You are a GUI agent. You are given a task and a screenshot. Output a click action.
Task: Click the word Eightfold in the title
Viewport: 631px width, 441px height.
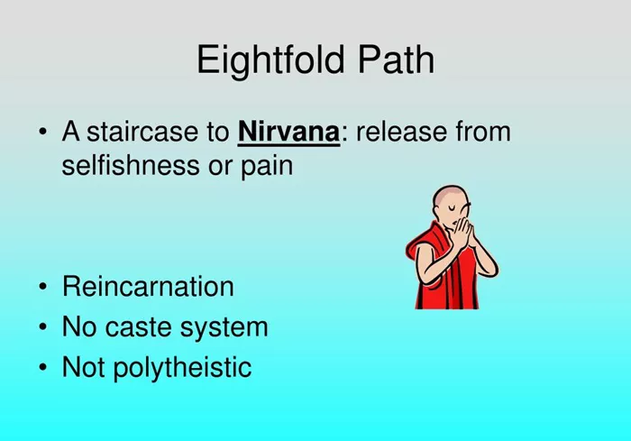pyautogui.click(x=270, y=60)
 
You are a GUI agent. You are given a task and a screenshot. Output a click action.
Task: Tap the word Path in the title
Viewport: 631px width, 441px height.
pyautogui.click(x=397, y=60)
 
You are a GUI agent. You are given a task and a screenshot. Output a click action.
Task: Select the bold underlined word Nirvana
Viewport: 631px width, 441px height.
pyautogui.click(x=289, y=132)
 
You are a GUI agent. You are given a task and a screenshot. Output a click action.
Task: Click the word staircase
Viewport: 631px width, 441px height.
pyautogui.click(x=142, y=132)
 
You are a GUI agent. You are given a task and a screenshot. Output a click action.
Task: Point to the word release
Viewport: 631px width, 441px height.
pyautogui.click(x=401, y=132)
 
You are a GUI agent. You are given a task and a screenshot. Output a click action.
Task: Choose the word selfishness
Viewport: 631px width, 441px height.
pyautogui.click(x=131, y=165)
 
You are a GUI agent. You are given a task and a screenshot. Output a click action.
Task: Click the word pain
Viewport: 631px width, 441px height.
pyautogui.click(x=267, y=167)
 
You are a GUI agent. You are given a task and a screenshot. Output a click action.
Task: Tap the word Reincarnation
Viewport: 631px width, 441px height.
pyautogui.click(x=148, y=287)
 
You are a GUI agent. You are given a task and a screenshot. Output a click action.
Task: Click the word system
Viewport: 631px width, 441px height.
pyautogui.click(x=224, y=328)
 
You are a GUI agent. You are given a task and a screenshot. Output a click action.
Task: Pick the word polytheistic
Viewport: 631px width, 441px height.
pyautogui.click(x=183, y=368)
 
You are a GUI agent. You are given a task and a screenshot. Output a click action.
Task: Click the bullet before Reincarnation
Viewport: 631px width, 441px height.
pyautogui.click(x=42, y=287)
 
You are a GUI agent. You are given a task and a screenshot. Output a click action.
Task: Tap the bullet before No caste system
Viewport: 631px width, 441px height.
pyautogui.click(x=42, y=327)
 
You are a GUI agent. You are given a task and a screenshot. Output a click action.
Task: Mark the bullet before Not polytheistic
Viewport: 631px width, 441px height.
pyautogui.click(x=42, y=367)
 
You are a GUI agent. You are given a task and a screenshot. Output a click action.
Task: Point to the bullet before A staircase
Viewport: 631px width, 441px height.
pyautogui.click(x=42, y=132)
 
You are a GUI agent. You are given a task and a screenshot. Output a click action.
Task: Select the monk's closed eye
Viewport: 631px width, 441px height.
pyautogui.click(x=453, y=207)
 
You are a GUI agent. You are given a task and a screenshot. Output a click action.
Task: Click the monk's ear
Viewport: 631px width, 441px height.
pyautogui.click(x=436, y=210)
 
